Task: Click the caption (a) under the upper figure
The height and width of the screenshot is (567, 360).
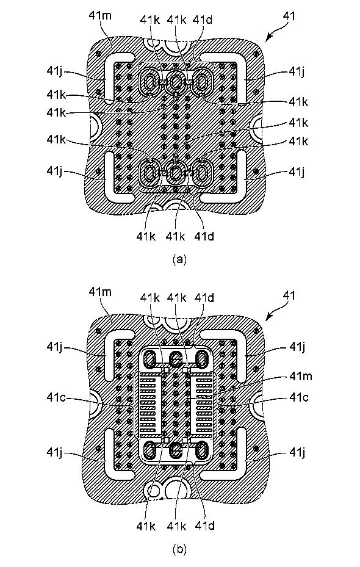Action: coord(179,259)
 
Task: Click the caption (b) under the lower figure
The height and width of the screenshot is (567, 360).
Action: coord(179,550)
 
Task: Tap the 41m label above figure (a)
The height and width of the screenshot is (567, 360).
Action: coord(100,16)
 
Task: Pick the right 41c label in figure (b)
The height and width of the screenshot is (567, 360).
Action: coord(298,397)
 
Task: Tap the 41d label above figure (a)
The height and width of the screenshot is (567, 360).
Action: coord(204,20)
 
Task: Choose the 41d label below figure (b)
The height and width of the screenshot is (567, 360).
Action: coord(204,525)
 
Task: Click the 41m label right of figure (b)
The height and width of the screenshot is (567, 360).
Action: coord(300,376)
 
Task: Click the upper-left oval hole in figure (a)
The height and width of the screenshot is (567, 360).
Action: coord(150,83)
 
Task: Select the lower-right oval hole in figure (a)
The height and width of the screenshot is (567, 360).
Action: coord(202,173)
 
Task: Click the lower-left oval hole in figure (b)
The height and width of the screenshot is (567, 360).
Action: coord(150,450)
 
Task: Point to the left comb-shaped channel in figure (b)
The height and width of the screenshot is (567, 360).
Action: coord(148,405)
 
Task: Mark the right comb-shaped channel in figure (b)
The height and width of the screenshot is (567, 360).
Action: coord(203,405)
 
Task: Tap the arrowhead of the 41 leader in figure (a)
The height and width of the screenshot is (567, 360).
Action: coord(267,40)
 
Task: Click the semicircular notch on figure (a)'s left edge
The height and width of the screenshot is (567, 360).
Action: coord(95,126)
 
